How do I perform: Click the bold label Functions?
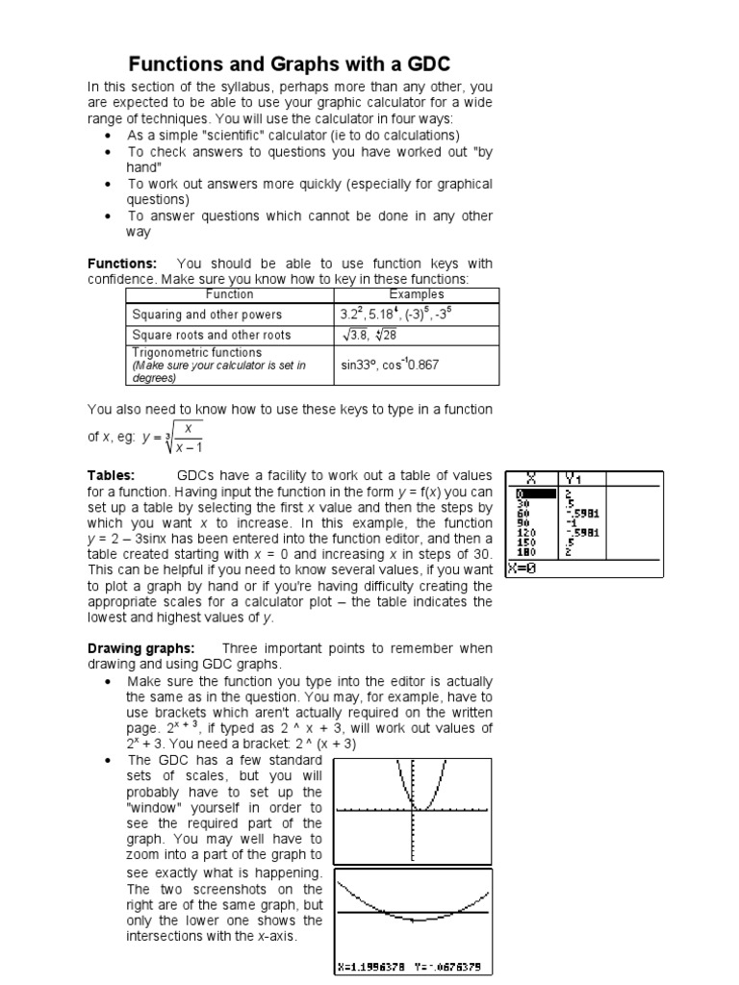(122, 264)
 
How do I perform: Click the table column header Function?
(230, 294)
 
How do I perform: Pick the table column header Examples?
(416, 294)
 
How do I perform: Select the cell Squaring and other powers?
(207, 315)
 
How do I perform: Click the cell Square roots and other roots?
(211, 335)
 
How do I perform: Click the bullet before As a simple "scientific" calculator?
(107, 136)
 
